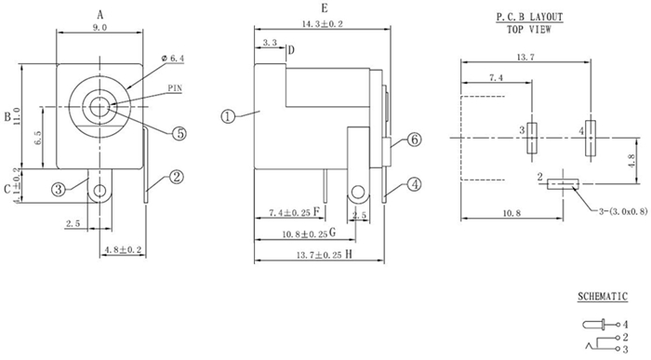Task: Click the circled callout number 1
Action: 227,116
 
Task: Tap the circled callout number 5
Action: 179,133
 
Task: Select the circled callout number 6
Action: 415,140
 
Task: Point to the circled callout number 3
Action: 58,190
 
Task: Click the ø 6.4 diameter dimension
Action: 172,59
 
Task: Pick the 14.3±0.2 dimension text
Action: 323,24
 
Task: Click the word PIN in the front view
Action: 175,88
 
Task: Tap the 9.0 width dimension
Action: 100,27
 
